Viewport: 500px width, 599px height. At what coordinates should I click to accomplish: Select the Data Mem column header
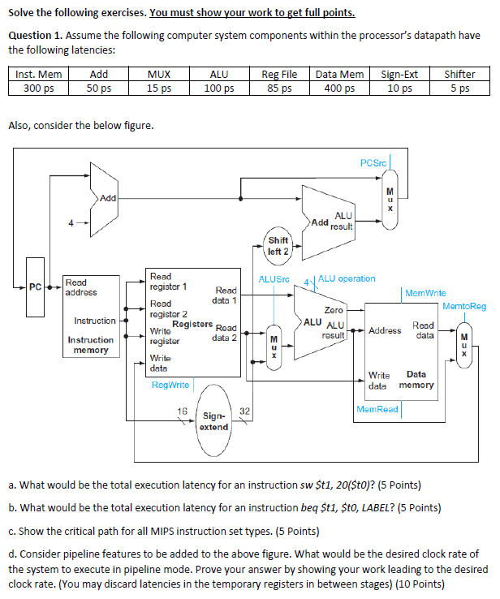tap(339, 75)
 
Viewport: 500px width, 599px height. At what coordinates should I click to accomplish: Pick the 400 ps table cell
tap(339, 88)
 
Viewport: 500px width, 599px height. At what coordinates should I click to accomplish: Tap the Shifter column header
tap(459, 75)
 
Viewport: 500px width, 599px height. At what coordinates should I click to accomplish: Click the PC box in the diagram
tap(35, 287)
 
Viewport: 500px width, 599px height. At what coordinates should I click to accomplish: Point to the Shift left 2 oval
tap(278, 246)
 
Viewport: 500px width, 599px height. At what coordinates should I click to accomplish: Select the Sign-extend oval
tap(213, 421)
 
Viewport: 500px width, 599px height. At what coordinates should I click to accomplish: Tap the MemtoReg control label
tap(464, 306)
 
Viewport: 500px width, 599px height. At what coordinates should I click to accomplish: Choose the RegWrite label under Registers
tap(170, 384)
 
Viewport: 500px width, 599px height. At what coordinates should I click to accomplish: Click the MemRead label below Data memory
tap(377, 409)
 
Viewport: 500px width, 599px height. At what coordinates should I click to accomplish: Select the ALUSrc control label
tap(274, 279)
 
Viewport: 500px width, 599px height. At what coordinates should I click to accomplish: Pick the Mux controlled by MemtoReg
tap(464, 344)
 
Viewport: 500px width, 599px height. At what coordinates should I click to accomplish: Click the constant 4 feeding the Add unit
tap(72, 222)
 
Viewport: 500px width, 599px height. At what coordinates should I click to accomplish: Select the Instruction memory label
tap(90, 345)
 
